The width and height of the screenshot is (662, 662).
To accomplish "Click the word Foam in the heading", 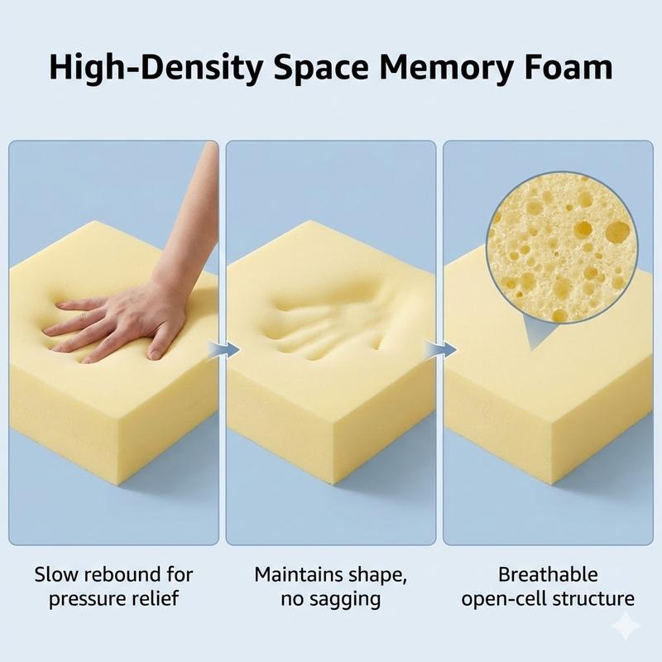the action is pos(569,67).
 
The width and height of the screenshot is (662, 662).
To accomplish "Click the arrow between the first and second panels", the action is pos(224,349).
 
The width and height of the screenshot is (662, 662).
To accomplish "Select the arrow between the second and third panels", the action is pos(441,349).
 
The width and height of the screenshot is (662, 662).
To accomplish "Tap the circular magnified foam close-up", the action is pos(562,247).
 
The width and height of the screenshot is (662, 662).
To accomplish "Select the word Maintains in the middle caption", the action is pos(299,574).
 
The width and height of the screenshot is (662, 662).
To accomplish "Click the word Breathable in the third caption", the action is pos(548,574).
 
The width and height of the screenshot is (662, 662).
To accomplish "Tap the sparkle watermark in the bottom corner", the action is pos(626,626).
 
